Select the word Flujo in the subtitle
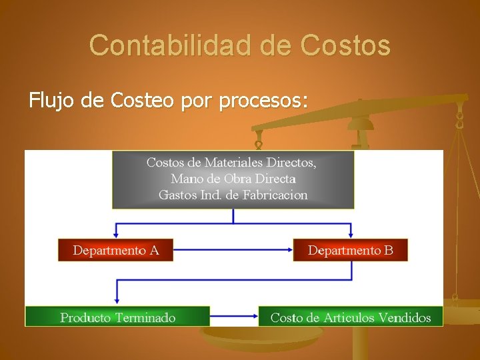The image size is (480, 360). pos(53,101)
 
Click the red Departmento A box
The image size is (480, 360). pos(115,250)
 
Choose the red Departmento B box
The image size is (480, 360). pos(350,250)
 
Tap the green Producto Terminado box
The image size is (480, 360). pos(117,317)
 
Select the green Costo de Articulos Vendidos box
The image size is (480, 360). pos(350,317)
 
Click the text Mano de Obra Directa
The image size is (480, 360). pos(233,179)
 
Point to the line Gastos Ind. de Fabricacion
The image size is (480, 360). pos(233,195)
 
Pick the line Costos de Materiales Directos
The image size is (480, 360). pos(231,162)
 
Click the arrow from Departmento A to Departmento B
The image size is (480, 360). pos(233,250)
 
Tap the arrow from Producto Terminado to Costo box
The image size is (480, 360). pos(234,317)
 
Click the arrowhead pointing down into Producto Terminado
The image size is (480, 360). pos(117,301)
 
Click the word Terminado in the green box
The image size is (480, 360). pos(145,317)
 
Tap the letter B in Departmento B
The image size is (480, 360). pos(389,250)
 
